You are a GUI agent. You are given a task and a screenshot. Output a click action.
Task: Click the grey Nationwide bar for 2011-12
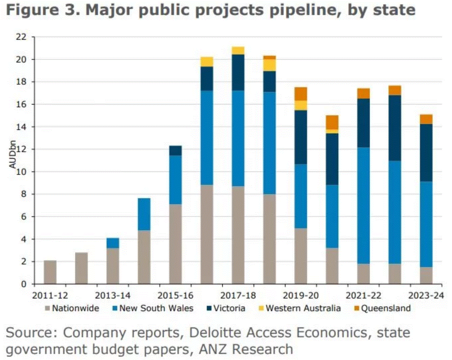[x=50, y=272]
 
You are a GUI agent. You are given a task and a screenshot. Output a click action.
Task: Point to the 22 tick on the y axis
[x=21, y=37]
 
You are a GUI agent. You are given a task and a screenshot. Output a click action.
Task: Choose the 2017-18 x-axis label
[x=238, y=296]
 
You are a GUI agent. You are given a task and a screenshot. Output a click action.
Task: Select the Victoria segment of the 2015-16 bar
[x=175, y=151]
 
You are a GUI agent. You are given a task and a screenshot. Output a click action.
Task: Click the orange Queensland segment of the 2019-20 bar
[x=301, y=94]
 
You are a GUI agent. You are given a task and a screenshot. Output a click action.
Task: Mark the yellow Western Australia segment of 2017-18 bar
[x=238, y=50]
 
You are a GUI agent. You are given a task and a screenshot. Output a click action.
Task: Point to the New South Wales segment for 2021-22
[x=363, y=206]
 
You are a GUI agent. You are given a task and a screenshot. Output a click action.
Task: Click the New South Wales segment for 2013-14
[x=113, y=243]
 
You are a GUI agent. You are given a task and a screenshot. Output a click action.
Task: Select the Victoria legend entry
[x=225, y=308]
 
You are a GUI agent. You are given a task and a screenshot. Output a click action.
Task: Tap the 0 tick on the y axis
[x=24, y=284]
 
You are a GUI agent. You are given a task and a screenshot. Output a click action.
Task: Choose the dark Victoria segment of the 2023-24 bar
[x=426, y=153]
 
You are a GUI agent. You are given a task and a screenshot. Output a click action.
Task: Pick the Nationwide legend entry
[x=71, y=308]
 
